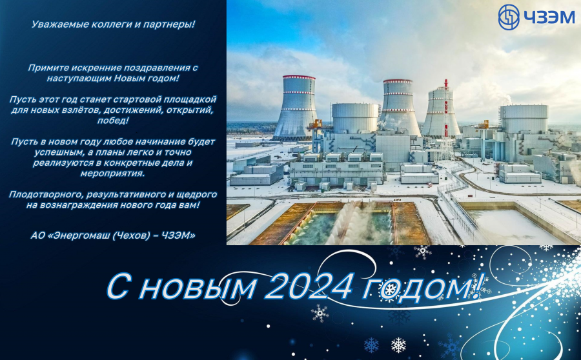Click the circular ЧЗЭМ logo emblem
(x=509, y=17)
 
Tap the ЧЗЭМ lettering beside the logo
(x=549, y=17)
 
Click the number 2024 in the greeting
(x=309, y=286)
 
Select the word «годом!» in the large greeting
(x=423, y=287)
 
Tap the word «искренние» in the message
(x=96, y=68)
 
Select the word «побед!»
(x=113, y=121)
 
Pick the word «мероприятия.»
(x=112, y=174)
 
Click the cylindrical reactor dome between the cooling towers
(x=354, y=118)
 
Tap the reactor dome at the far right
(x=523, y=119)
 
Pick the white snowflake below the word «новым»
(x=320, y=314)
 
